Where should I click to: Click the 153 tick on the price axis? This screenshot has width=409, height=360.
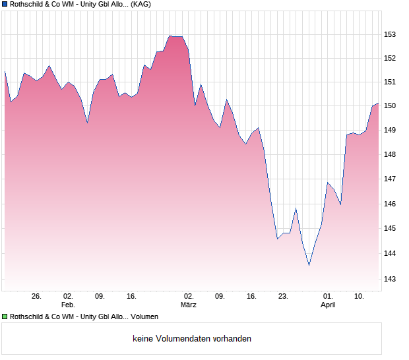click(x=391, y=34)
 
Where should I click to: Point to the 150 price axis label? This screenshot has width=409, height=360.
click(x=391, y=105)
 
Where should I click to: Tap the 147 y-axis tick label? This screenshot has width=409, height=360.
click(x=391, y=179)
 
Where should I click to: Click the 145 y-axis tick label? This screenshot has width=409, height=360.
click(x=391, y=229)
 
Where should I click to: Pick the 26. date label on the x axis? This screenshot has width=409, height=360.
click(x=36, y=296)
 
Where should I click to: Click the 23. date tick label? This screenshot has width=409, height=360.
click(x=283, y=296)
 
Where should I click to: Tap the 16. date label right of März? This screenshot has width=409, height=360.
click(x=251, y=296)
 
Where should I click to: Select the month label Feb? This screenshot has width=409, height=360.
click(x=68, y=305)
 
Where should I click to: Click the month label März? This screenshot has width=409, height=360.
click(x=189, y=305)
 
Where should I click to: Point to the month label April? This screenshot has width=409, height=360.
click(x=328, y=305)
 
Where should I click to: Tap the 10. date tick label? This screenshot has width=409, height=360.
click(x=360, y=296)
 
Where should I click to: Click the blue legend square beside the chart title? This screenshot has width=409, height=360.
click(x=5, y=5)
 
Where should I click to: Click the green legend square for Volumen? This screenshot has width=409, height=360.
click(x=5, y=316)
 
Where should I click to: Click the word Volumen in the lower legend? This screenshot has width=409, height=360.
click(x=144, y=316)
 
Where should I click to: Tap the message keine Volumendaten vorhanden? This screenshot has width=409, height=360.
click(x=192, y=339)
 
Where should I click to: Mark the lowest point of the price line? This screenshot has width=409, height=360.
click(x=309, y=265)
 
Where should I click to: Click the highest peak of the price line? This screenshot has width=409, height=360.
click(x=170, y=36)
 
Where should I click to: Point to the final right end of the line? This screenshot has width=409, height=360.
click(x=378, y=104)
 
